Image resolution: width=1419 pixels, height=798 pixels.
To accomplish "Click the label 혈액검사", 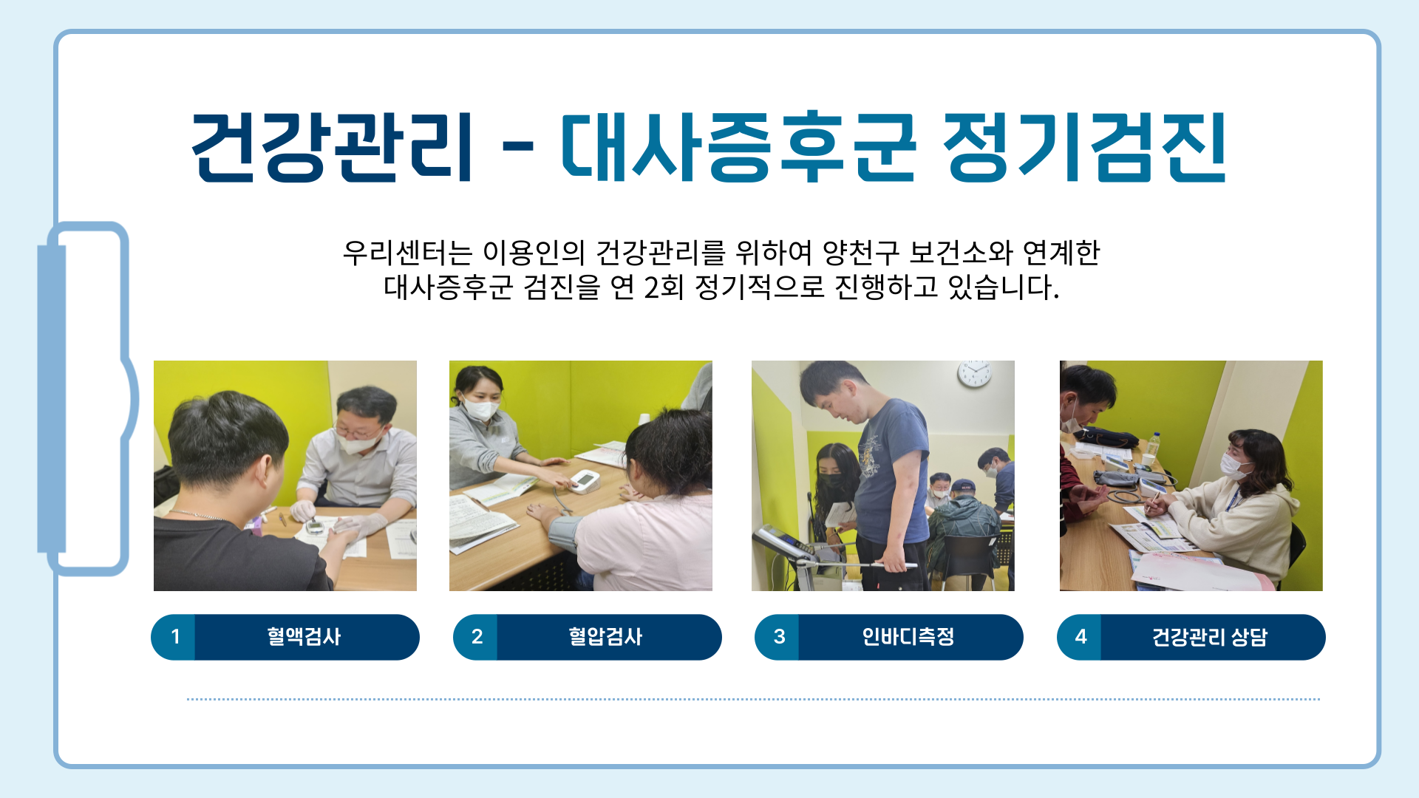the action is click(x=304, y=637).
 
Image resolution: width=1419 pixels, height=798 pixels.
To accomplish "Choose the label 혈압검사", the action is click(x=605, y=637).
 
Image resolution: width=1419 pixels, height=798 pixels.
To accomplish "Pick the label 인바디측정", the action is click(x=908, y=637).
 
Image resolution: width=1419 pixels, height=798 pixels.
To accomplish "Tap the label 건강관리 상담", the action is click(x=1210, y=637).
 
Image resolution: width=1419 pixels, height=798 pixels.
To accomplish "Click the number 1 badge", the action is click(x=174, y=637).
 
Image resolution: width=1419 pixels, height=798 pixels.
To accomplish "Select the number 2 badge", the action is click(x=477, y=637).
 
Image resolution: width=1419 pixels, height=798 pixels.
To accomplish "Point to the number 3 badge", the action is click(x=779, y=637).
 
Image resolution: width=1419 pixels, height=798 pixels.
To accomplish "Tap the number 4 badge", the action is click(x=1081, y=637).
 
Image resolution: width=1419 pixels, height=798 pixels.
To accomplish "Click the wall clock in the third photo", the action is click(x=975, y=374).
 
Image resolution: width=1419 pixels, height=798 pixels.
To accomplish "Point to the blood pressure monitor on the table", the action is click(x=585, y=481).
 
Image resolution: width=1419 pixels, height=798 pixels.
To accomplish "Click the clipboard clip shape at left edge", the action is click(x=87, y=399).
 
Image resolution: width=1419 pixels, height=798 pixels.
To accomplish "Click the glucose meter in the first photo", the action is click(x=316, y=526).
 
